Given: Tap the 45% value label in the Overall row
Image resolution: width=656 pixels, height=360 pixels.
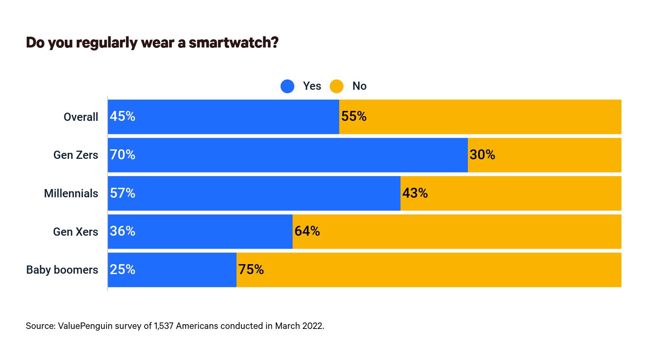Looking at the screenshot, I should (x=123, y=117).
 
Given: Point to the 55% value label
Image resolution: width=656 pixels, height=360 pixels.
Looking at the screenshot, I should (x=354, y=117).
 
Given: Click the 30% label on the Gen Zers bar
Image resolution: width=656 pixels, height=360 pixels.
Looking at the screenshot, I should (x=482, y=155).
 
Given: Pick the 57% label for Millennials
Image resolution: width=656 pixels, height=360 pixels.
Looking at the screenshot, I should (x=123, y=193).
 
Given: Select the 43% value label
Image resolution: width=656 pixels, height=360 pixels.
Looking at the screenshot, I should (x=415, y=193).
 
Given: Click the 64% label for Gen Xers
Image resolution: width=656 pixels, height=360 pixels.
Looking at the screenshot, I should (x=307, y=231).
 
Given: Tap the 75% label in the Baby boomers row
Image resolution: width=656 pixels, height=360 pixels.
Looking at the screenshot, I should (x=251, y=270).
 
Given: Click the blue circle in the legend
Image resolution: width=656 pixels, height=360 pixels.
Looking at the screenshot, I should (x=287, y=86).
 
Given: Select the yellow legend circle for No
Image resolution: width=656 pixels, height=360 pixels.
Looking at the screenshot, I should (x=337, y=86).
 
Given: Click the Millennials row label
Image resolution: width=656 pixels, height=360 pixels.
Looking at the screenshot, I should (x=71, y=193).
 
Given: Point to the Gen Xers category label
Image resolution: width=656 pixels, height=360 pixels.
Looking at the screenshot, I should (x=76, y=232).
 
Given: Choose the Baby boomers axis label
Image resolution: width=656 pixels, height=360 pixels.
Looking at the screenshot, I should (x=62, y=270).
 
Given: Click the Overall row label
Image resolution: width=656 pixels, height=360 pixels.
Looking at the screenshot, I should (x=81, y=117).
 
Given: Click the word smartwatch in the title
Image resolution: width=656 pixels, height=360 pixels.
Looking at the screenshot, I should (x=233, y=43).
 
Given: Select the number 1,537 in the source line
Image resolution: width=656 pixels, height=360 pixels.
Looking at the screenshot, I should (x=164, y=326).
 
